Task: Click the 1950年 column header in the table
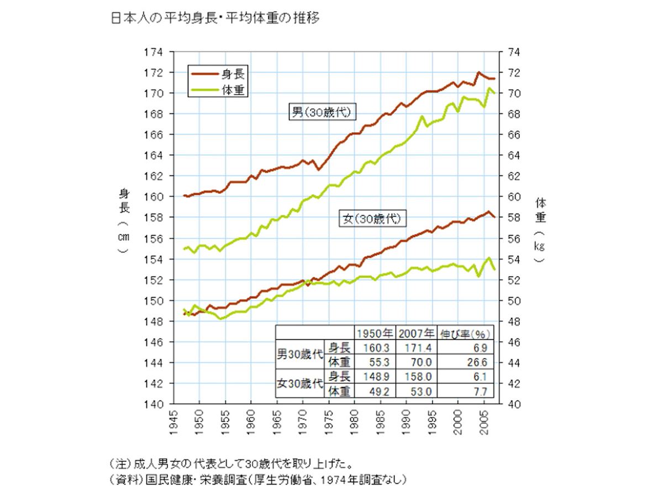click(374, 333)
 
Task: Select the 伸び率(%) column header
click(465, 333)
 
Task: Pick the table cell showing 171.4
click(416, 347)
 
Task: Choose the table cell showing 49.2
click(374, 391)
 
